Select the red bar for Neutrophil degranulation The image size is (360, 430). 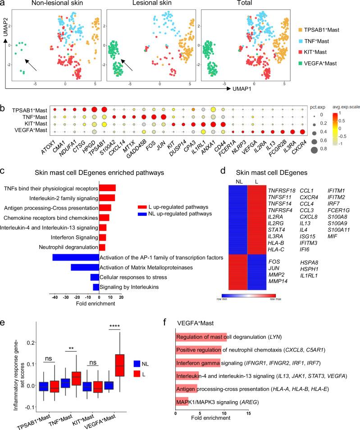tap(102, 247)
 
